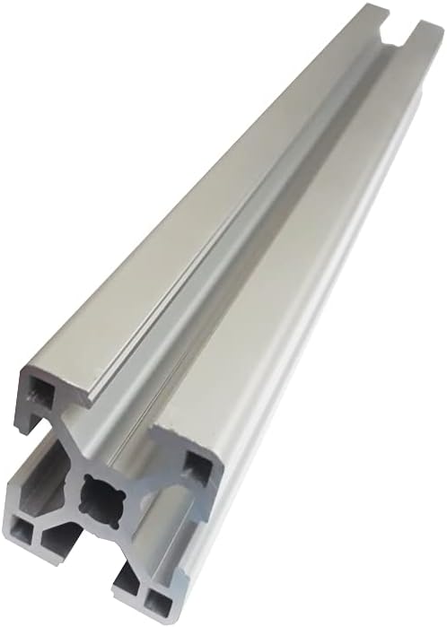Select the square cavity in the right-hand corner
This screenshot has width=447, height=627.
(x=196, y=465)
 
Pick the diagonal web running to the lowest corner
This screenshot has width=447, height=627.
(x=126, y=547)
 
